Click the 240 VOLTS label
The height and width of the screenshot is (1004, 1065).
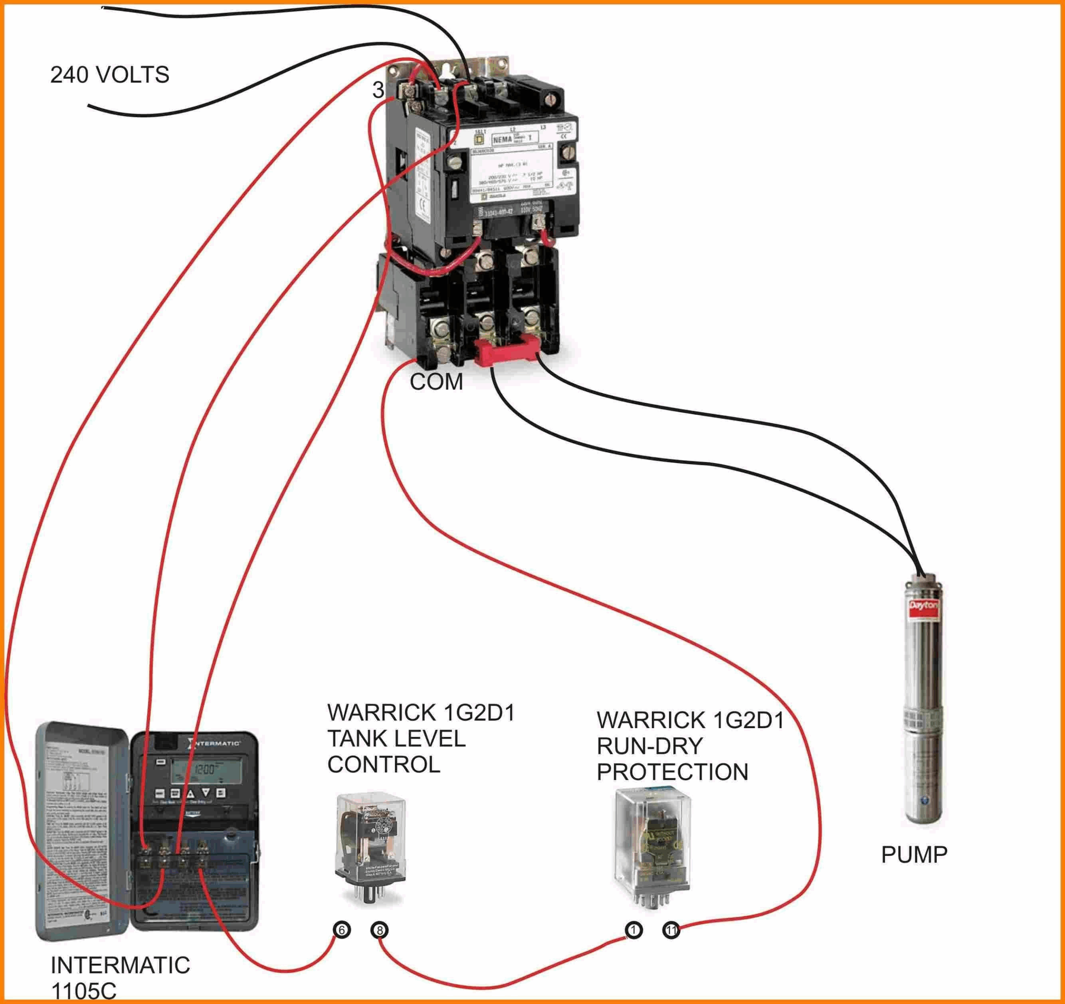[109, 74]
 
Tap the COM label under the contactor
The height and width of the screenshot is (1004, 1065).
[436, 382]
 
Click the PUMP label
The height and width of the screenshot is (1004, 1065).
[914, 855]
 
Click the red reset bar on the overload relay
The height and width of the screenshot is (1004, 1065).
[506, 352]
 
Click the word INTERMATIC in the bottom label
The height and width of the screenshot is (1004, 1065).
[120, 965]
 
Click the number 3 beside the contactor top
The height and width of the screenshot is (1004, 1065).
[378, 90]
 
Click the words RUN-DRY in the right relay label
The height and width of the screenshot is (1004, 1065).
[649, 746]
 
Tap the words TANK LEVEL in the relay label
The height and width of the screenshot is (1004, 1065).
[396, 739]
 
